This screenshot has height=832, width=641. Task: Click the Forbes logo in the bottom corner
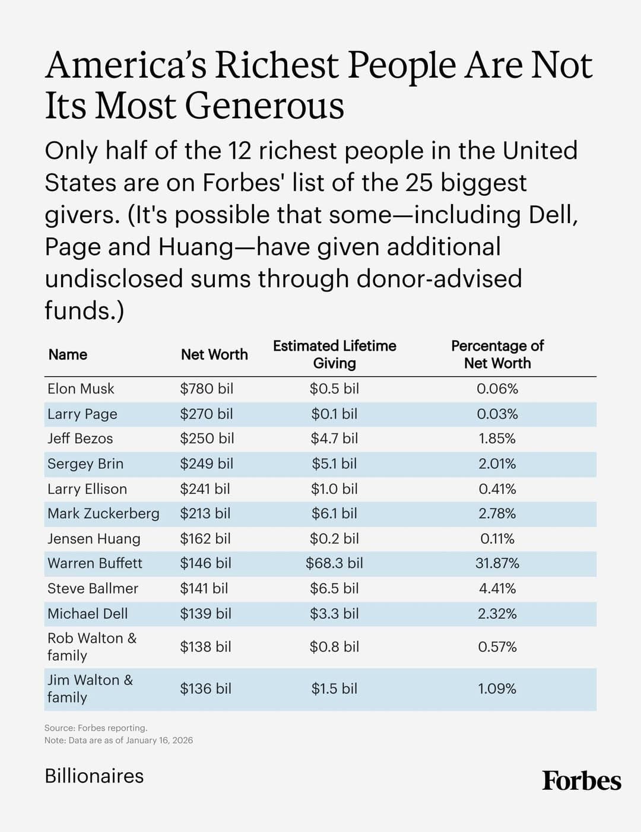click(x=581, y=780)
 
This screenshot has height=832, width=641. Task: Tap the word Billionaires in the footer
click(x=94, y=776)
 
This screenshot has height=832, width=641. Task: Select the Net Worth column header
click(x=214, y=354)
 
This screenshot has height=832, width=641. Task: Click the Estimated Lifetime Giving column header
click(x=334, y=354)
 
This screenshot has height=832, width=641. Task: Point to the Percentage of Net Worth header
click(x=497, y=354)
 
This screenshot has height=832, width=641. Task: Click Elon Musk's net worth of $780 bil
click(x=207, y=389)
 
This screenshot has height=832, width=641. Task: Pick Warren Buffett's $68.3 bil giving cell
click(x=334, y=563)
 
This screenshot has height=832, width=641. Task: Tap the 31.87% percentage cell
click(x=497, y=563)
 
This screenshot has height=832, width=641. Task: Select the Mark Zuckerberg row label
click(x=103, y=513)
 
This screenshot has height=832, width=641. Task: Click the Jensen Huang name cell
click(x=94, y=539)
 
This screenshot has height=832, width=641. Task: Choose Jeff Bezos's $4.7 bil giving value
click(x=334, y=439)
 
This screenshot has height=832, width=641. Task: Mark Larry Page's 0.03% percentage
click(x=497, y=414)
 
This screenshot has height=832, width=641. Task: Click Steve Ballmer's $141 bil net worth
click(x=204, y=588)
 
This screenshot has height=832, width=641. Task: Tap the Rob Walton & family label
click(x=91, y=646)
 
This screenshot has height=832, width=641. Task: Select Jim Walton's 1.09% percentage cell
click(x=497, y=689)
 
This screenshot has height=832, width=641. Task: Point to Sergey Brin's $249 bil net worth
click(x=207, y=463)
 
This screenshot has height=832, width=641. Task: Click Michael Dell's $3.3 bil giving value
click(x=334, y=614)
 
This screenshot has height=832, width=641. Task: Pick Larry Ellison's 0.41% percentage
click(x=497, y=489)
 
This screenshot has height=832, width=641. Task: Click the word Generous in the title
click(x=264, y=106)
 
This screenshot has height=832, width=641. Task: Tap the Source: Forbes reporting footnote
click(x=96, y=728)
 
